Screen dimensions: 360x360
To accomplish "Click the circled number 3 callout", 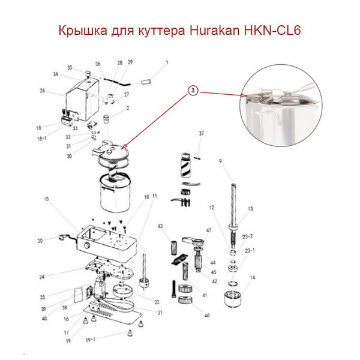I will coord(192,91).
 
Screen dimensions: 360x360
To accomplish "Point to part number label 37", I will coord(202,133).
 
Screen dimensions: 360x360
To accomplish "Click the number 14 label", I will coord(253,278).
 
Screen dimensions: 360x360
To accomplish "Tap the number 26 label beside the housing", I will coord(43,91).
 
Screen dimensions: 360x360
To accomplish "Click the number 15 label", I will coord(45,198).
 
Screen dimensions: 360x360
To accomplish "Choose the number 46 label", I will coord(208,315).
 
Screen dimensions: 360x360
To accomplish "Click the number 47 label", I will coord(209,230).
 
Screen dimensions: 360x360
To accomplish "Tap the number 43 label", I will coord(161,226).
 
